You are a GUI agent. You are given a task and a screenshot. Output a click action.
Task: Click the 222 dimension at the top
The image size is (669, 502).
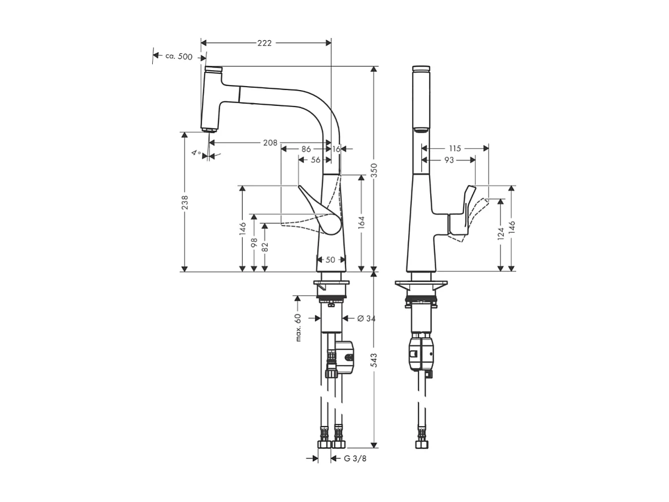(x=264, y=43)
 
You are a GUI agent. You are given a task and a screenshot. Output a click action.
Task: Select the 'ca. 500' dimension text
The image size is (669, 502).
(x=178, y=56)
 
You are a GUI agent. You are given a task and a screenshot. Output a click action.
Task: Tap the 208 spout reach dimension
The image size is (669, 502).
(x=270, y=143)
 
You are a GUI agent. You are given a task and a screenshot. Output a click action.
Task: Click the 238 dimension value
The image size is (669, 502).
(x=185, y=202)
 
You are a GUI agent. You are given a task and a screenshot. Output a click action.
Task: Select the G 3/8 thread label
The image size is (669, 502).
(x=355, y=458)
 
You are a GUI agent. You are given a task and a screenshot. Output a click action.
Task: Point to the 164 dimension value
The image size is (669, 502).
(x=361, y=223)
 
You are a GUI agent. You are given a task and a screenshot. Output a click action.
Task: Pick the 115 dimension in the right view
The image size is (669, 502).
(x=455, y=148)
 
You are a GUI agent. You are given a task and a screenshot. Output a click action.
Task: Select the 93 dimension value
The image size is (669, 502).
(x=448, y=160)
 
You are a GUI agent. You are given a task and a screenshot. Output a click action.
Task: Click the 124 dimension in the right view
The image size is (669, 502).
(x=500, y=234)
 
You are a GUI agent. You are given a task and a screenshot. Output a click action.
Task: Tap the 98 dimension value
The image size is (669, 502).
(x=254, y=243)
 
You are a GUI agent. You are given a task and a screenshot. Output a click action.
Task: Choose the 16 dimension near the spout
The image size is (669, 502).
(x=336, y=149)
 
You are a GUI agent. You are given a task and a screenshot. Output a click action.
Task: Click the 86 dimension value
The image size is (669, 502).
(x=306, y=149)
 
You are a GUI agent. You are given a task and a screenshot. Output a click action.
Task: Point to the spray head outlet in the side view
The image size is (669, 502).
(x=209, y=129)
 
